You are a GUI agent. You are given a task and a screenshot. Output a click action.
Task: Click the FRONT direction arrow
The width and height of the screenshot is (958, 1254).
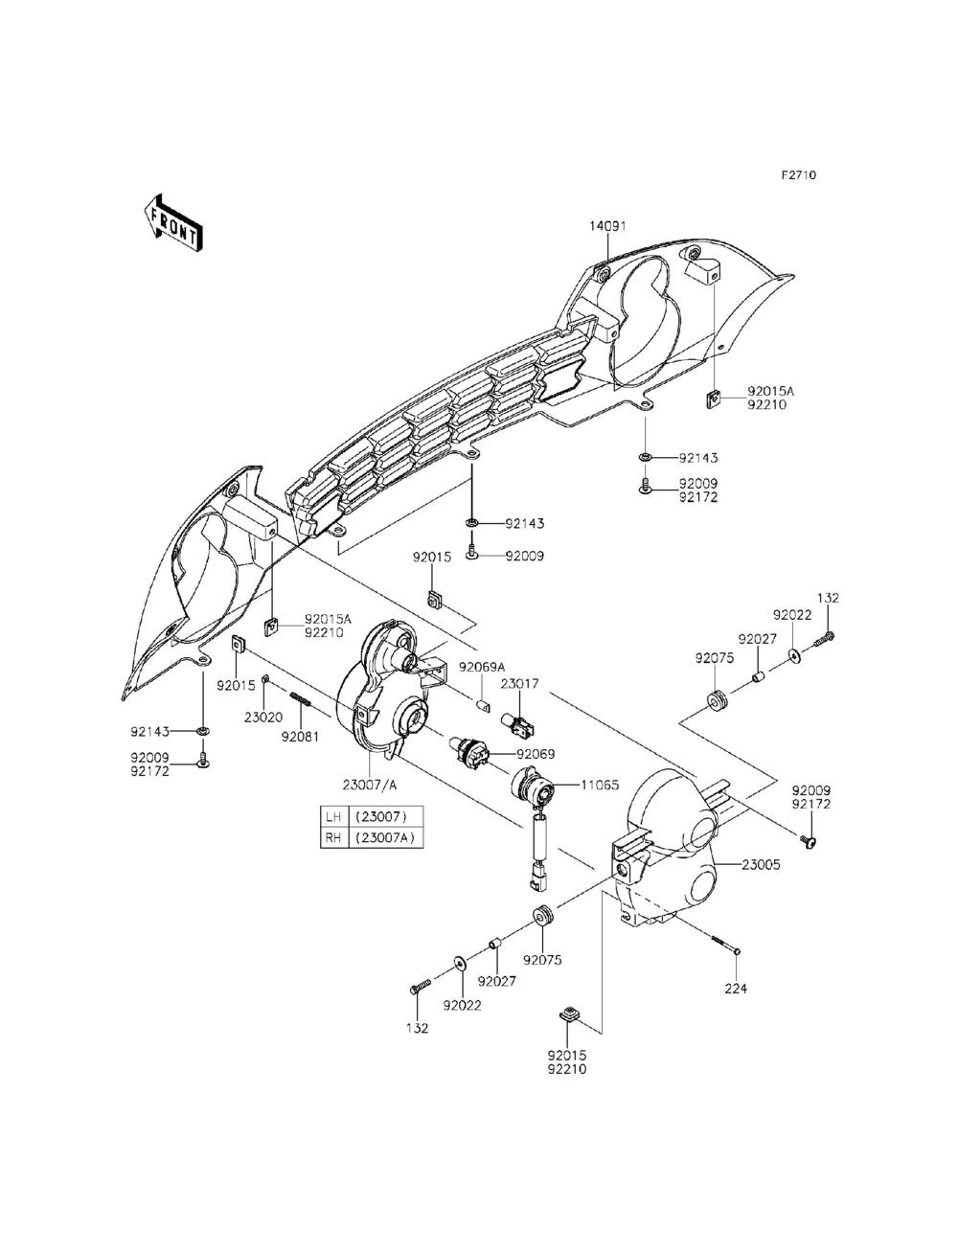click(x=173, y=222)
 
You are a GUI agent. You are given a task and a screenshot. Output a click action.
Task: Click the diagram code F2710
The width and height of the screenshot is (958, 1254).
click(x=797, y=175)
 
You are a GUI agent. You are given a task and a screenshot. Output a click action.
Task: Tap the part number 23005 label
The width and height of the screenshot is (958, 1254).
click(x=760, y=864)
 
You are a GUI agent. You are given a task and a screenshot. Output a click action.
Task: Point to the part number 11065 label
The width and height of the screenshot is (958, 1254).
click(x=600, y=785)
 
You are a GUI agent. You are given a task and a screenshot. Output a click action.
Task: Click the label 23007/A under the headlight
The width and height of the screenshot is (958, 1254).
click(x=370, y=785)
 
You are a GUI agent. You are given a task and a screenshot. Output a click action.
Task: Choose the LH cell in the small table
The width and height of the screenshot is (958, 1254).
click(x=333, y=817)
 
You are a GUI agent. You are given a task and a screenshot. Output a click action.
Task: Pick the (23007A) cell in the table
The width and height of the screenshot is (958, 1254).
click(x=387, y=836)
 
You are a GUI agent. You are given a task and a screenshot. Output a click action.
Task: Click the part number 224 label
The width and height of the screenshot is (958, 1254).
click(x=736, y=989)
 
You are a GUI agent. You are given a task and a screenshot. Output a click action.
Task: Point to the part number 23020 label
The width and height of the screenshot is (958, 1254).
click(x=262, y=715)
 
